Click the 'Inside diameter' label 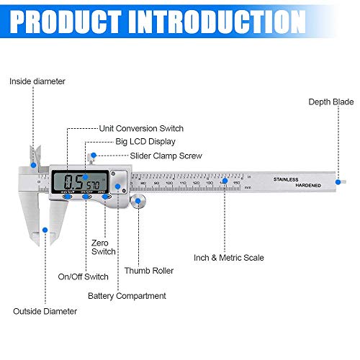37,81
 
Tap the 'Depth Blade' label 331,102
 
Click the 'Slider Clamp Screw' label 166,156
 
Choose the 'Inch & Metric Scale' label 229,257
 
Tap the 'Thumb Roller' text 148,271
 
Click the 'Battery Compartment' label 127,295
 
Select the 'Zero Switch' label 103,247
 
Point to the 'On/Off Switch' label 83,276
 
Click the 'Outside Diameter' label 45,311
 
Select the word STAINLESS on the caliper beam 289,178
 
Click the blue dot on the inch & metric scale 223,183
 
